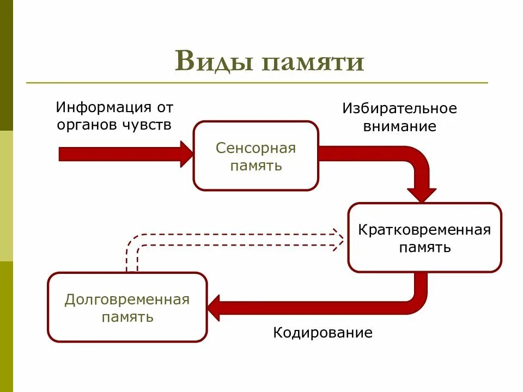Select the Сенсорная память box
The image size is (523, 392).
(x=256, y=156)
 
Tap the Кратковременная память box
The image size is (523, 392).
(x=424, y=237)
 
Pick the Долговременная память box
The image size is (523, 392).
(x=127, y=308)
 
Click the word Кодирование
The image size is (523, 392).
(x=323, y=333)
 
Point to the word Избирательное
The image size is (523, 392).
(x=399, y=108)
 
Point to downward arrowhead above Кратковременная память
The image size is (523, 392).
(x=422, y=194)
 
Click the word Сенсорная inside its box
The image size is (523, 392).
(x=256, y=148)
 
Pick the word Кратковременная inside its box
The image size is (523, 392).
(x=424, y=229)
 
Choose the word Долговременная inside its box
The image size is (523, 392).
(x=127, y=299)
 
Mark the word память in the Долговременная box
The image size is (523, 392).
(x=127, y=317)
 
